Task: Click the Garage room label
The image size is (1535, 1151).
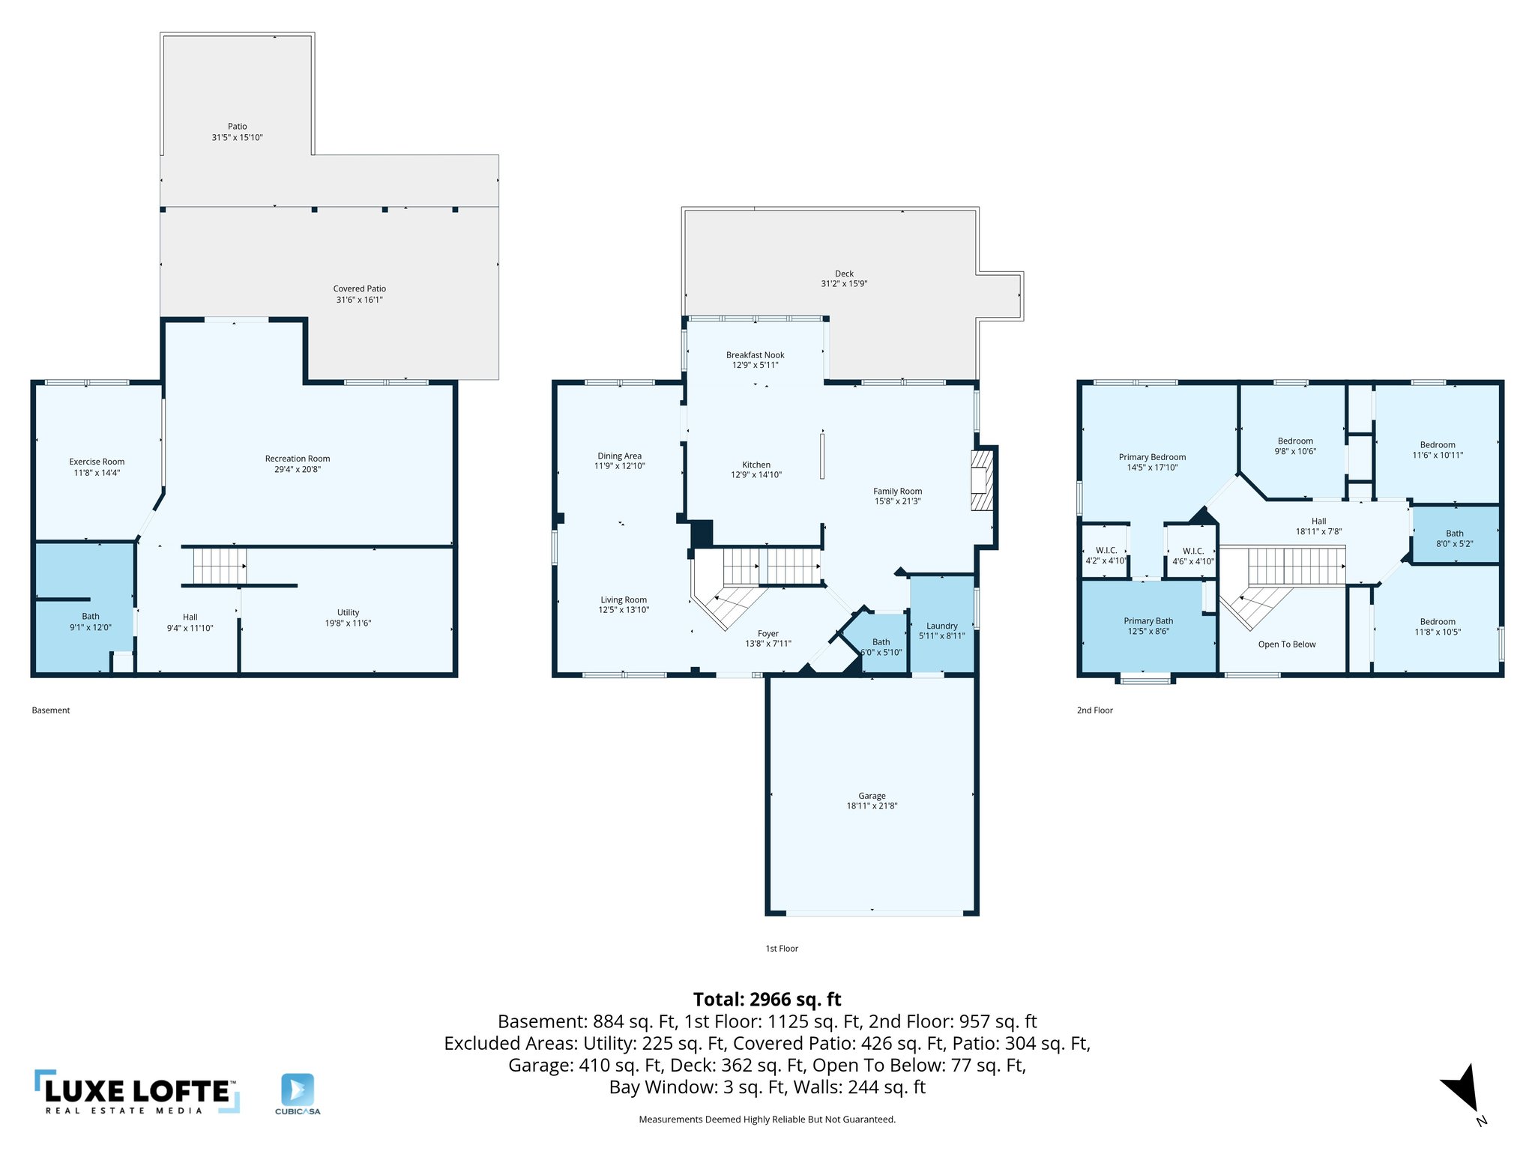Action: click(x=872, y=796)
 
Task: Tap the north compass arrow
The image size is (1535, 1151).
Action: click(x=1462, y=1090)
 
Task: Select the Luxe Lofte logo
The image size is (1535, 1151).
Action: click(x=137, y=1093)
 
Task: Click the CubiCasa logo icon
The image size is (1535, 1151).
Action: click(x=298, y=1089)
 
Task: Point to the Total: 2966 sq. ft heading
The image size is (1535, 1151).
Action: click(x=767, y=999)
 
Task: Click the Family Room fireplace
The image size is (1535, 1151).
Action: click(x=981, y=480)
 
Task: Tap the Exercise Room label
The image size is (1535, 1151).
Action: click(x=97, y=462)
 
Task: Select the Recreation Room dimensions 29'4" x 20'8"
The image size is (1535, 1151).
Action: click(x=297, y=470)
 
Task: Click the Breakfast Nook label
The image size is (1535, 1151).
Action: click(x=755, y=355)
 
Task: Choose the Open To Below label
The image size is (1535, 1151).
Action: click(x=1286, y=644)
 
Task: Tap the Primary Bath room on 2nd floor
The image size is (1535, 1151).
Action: click(x=1148, y=626)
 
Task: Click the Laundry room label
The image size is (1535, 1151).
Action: click(x=941, y=626)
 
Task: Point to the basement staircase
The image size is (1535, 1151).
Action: click(x=220, y=566)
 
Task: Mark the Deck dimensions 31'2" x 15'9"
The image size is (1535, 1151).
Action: click(x=844, y=284)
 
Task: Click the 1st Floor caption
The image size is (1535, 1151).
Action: click(x=781, y=949)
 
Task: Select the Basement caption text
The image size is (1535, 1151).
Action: click(x=51, y=710)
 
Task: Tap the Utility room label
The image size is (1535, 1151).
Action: click(x=348, y=612)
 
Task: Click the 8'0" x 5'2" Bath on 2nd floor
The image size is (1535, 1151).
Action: click(x=1454, y=539)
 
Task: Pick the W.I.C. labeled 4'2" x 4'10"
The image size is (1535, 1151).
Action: click(x=1106, y=555)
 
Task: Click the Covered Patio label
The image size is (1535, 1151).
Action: click(x=359, y=288)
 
